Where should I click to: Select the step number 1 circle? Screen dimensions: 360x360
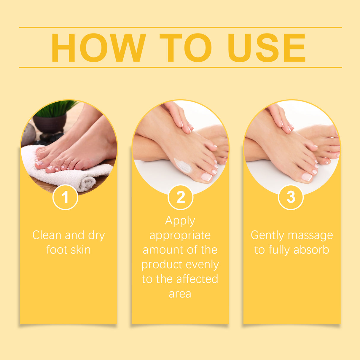tap(65, 197)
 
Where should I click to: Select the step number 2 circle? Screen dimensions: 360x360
tap(180, 197)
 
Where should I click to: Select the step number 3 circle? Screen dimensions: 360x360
tap(291, 197)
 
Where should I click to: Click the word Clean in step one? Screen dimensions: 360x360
tap(47, 235)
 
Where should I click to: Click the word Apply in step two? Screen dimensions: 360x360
tap(180, 221)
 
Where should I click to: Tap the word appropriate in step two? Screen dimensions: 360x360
tap(180, 235)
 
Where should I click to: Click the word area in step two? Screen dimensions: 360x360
tap(180, 294)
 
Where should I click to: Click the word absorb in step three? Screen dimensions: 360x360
tap(311, 250)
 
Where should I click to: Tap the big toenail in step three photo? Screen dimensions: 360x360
tap(307, 177)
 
